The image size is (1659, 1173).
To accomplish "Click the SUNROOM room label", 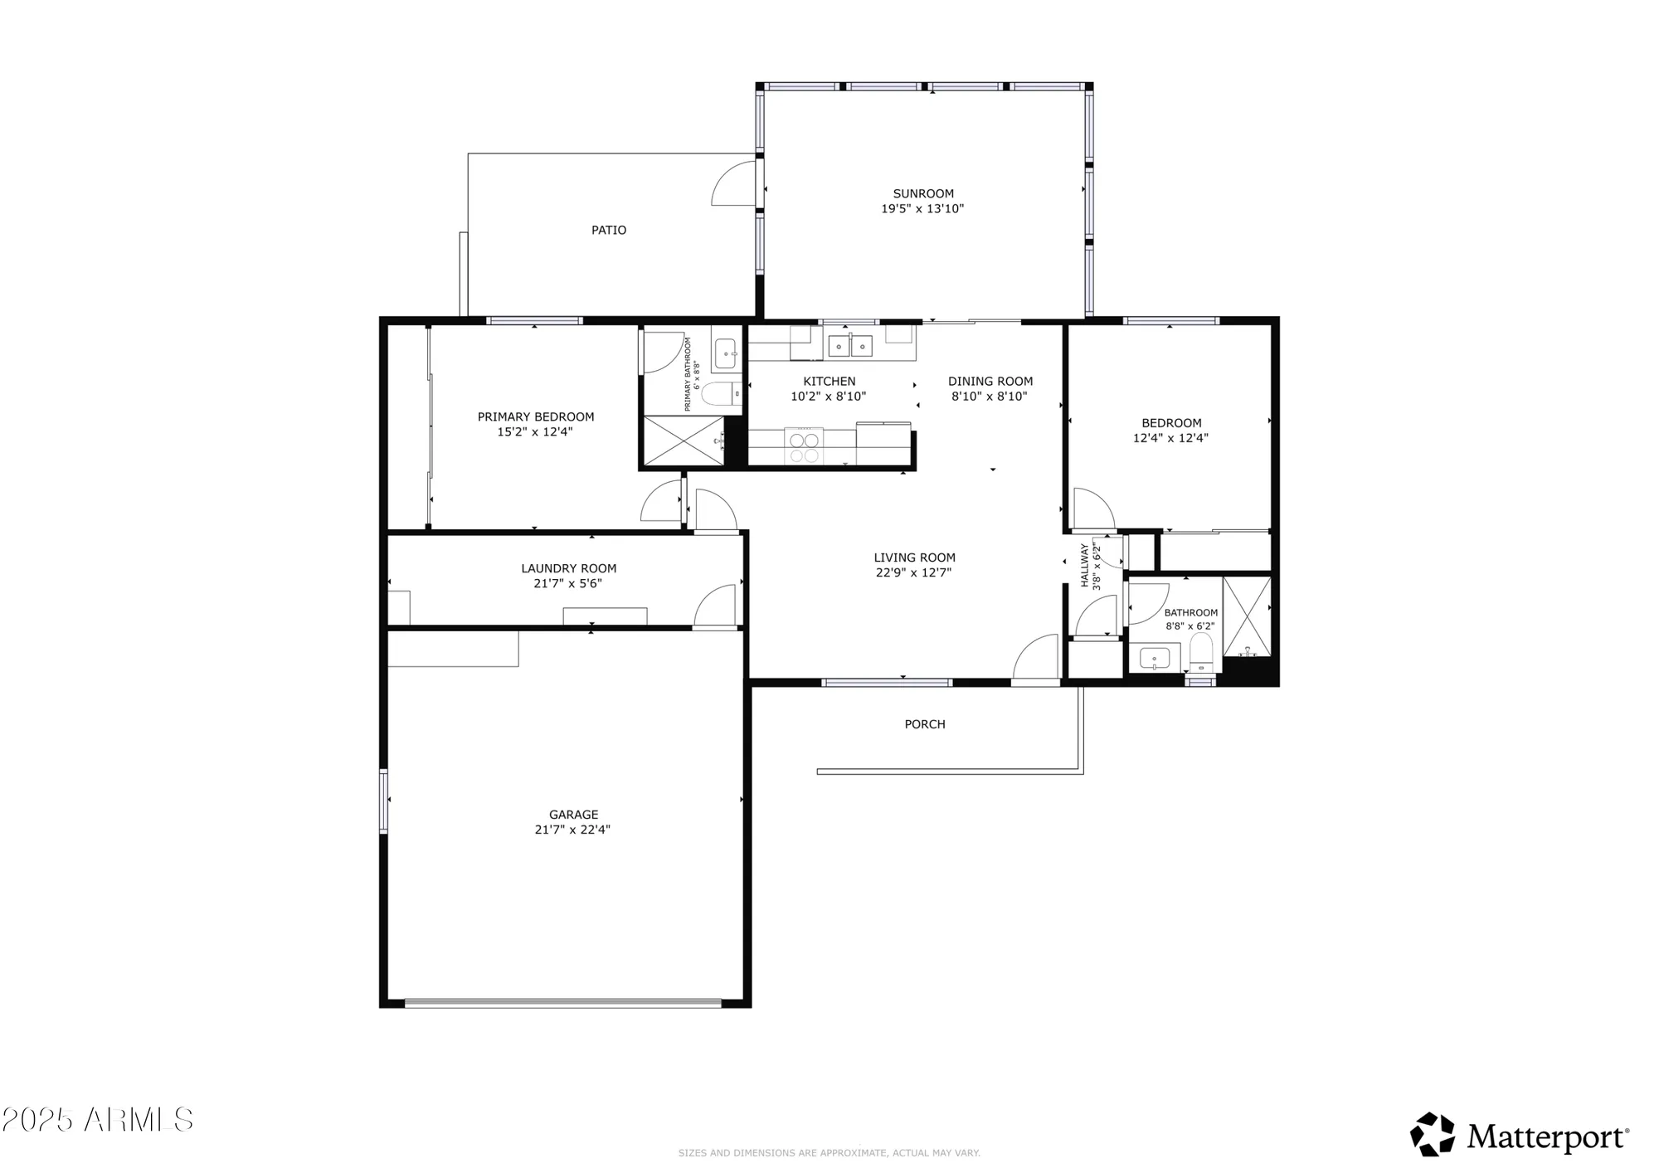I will tap(922, 193).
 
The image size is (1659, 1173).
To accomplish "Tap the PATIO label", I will tap(608, 230).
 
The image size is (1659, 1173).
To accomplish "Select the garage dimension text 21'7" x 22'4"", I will tap(572, 830).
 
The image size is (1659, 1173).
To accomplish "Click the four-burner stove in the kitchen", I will tap(804, 446).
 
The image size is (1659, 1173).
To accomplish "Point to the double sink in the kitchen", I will tap(850, 343).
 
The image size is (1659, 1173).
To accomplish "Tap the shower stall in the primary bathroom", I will tap(682, 440).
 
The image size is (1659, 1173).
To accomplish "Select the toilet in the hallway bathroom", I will tap(1200, 652).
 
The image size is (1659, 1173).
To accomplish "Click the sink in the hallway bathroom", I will tap(1154, 659).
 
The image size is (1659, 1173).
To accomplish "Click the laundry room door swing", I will tap(715, 606).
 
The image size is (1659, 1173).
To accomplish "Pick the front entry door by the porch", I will tap(1035, 659).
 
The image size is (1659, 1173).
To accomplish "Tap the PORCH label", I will tap(924, 724).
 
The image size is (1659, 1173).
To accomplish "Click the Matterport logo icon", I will tap(1433, 1134).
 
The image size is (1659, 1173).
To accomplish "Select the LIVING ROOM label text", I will tap(914, 557).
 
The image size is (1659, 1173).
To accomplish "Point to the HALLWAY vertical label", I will tap(1084, 565).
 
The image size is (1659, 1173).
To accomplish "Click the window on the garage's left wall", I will tap(383, 801).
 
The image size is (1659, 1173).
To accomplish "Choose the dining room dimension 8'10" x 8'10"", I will tap(989, 397).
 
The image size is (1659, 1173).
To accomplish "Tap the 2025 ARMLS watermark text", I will tap(97, 1120).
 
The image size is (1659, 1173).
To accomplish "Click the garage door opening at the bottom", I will tap(563, 1002).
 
